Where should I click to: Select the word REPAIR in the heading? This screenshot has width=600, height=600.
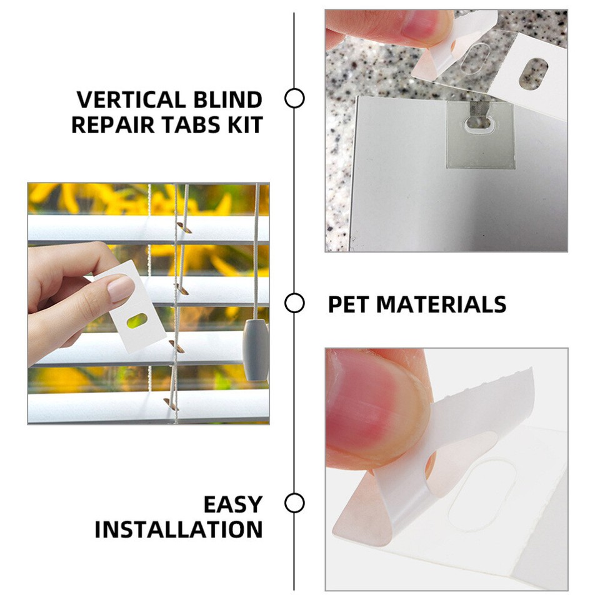[107, 124]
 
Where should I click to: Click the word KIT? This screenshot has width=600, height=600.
[243, 124]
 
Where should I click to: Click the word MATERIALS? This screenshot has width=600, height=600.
[441, 304]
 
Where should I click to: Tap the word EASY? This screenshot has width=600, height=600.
[232, 504]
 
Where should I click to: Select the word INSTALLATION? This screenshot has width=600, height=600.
[179, 529]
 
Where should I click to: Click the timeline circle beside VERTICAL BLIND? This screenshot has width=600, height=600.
[294, 99]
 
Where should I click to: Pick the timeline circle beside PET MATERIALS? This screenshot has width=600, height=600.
[294, 304]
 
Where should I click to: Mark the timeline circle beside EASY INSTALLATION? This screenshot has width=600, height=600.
[294, 503]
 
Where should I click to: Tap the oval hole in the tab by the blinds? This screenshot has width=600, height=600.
[137, 321]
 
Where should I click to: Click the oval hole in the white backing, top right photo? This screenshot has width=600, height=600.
[533, 73]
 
